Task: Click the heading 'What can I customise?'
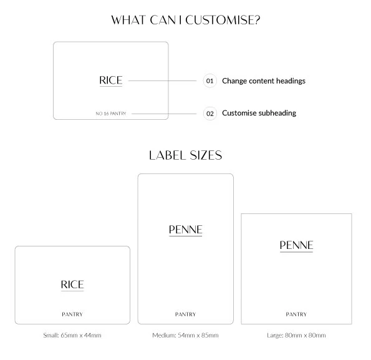[186, 20]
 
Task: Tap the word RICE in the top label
[111, 80]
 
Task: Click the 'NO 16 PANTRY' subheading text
[111, 114]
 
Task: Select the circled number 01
[210, 81]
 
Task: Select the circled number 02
[210, 114]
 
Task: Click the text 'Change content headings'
[264, 81]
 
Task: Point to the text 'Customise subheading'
[259, 113]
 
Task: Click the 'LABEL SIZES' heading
[186, 155]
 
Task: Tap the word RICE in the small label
[72, 285]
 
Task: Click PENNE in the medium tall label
[186, 230]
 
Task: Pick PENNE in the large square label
[296, 245]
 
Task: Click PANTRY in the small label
[72, 314]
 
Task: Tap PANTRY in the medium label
[186, 314]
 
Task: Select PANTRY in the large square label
[296, 314]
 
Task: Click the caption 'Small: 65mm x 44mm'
[72, 335]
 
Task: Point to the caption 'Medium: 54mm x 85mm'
[186, 335]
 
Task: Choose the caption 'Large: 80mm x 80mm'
[296, 335]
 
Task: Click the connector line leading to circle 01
[162, 80]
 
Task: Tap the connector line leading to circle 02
[164, 114]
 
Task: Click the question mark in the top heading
[257, 20]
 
